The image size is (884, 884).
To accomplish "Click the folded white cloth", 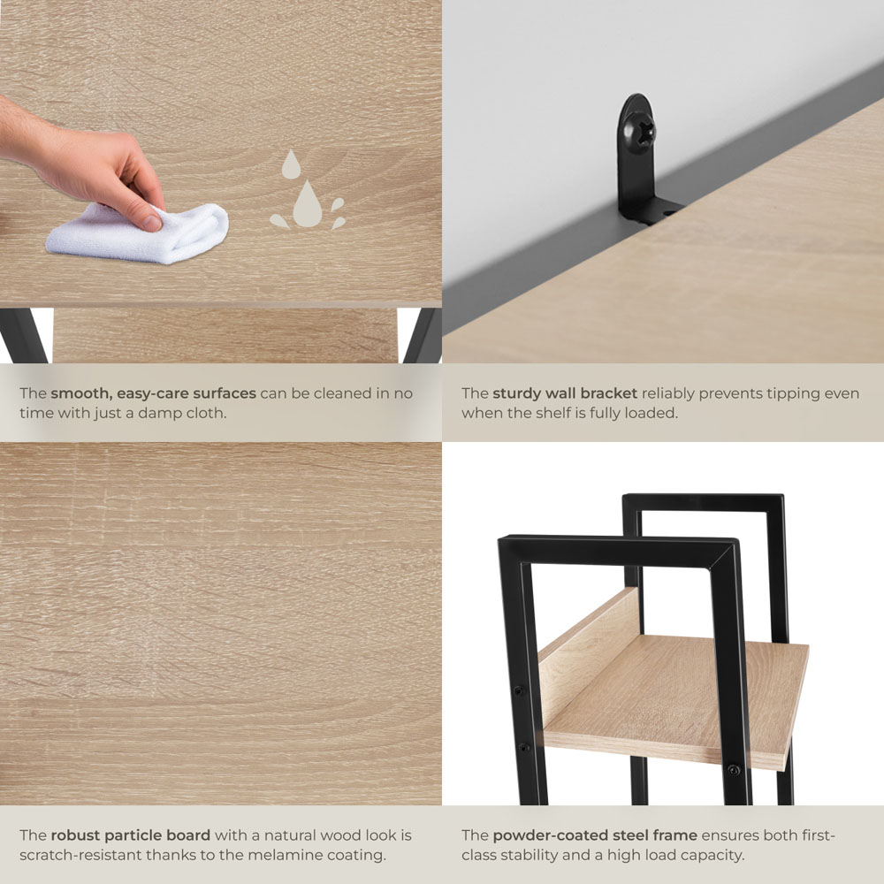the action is pos(138,233).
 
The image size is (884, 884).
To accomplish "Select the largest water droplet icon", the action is pos(308,204).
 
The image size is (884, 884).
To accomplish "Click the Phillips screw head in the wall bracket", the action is pos(640,131).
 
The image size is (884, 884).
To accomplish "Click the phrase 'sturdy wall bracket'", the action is pos(565,393).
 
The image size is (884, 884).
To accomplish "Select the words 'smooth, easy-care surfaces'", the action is pos(153,393).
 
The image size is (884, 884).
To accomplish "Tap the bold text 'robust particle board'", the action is pos(130,835).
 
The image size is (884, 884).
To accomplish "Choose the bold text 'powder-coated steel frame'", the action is pos(595,835).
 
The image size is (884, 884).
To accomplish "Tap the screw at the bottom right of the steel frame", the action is pos(734,770).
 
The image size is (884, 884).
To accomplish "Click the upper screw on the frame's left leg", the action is pos(518,690).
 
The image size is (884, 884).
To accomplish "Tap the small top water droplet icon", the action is pos(291,164).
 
